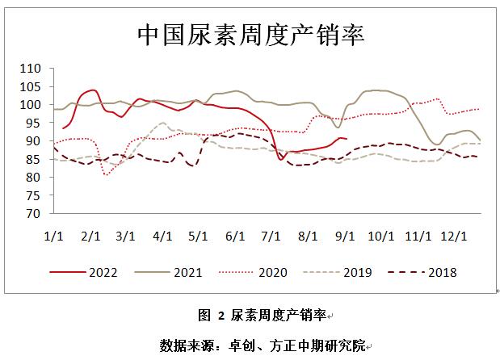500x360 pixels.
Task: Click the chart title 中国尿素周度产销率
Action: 250,35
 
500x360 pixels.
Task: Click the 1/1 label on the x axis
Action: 53,236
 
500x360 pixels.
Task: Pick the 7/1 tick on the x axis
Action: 271,236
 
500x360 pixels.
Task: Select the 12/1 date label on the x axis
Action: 455,236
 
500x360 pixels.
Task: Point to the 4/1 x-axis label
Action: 162,236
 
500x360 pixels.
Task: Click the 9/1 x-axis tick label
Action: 345,236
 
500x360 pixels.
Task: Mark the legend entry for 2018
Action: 441,272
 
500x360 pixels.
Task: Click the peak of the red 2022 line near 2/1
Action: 92,90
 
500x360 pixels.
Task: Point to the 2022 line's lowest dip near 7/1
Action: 280,160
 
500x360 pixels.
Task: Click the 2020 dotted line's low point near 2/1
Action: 107,174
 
